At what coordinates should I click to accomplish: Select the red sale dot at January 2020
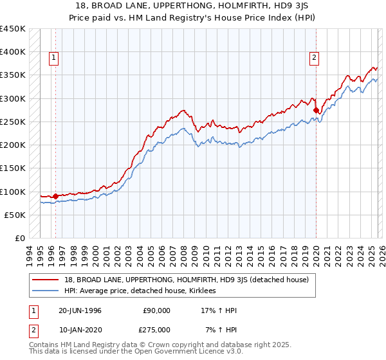(317, 111)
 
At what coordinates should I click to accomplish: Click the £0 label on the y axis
(20, 239)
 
